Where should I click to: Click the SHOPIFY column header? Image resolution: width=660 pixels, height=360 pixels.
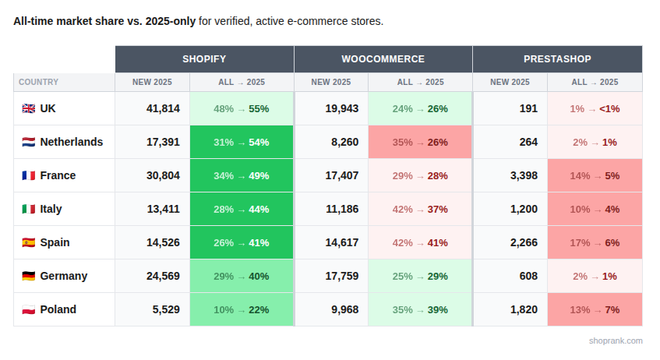point(204,59)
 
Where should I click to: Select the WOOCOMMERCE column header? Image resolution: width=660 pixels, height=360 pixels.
point(383,59)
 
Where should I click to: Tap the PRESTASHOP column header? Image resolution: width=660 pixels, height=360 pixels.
point(557,59)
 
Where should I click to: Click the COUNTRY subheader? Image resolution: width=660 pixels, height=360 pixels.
point(39,82)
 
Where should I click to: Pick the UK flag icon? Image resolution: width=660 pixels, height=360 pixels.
point(28,109)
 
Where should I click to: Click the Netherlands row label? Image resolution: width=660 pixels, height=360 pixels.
point(71,143)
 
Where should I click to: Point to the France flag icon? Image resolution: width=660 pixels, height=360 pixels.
point(28,176)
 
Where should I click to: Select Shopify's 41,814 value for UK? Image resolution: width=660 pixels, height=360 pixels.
point(163,109)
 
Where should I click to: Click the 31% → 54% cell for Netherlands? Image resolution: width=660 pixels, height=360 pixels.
point(242,143)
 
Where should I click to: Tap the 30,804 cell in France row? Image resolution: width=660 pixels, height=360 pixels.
point(163,176)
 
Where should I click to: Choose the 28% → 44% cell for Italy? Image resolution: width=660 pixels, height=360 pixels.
point(242,210)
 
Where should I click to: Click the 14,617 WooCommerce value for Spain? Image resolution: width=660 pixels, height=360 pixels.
point(342,243)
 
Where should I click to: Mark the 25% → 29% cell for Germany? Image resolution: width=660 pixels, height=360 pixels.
point(420,277)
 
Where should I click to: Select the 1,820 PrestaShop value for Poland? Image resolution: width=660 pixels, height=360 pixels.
point(523,310)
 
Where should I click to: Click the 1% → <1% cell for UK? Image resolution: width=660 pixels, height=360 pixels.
point(595,109)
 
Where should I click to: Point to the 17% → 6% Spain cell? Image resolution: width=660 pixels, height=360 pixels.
point(595,243)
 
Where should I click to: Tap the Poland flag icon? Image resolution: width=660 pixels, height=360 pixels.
point(28,310)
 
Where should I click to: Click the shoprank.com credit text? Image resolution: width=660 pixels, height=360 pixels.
point(616,341)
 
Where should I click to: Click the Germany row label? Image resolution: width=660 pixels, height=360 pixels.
point(63,277)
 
